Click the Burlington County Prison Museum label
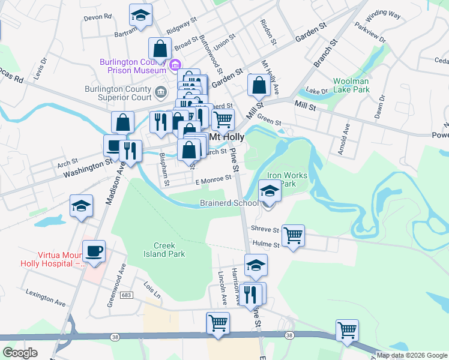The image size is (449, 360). click(x=133, y=65)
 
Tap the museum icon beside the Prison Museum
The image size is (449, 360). click(x=176, y=65)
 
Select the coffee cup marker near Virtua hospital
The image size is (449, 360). click(x=94, y=251)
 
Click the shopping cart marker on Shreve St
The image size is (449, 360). click(x=293, y=235)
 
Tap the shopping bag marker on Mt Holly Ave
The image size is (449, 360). click(x=259, y=86)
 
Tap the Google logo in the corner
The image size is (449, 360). click(x=20, y=353)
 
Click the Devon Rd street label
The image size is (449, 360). click(x=98, y=17)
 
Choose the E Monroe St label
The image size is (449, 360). click(x=213, y=179)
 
